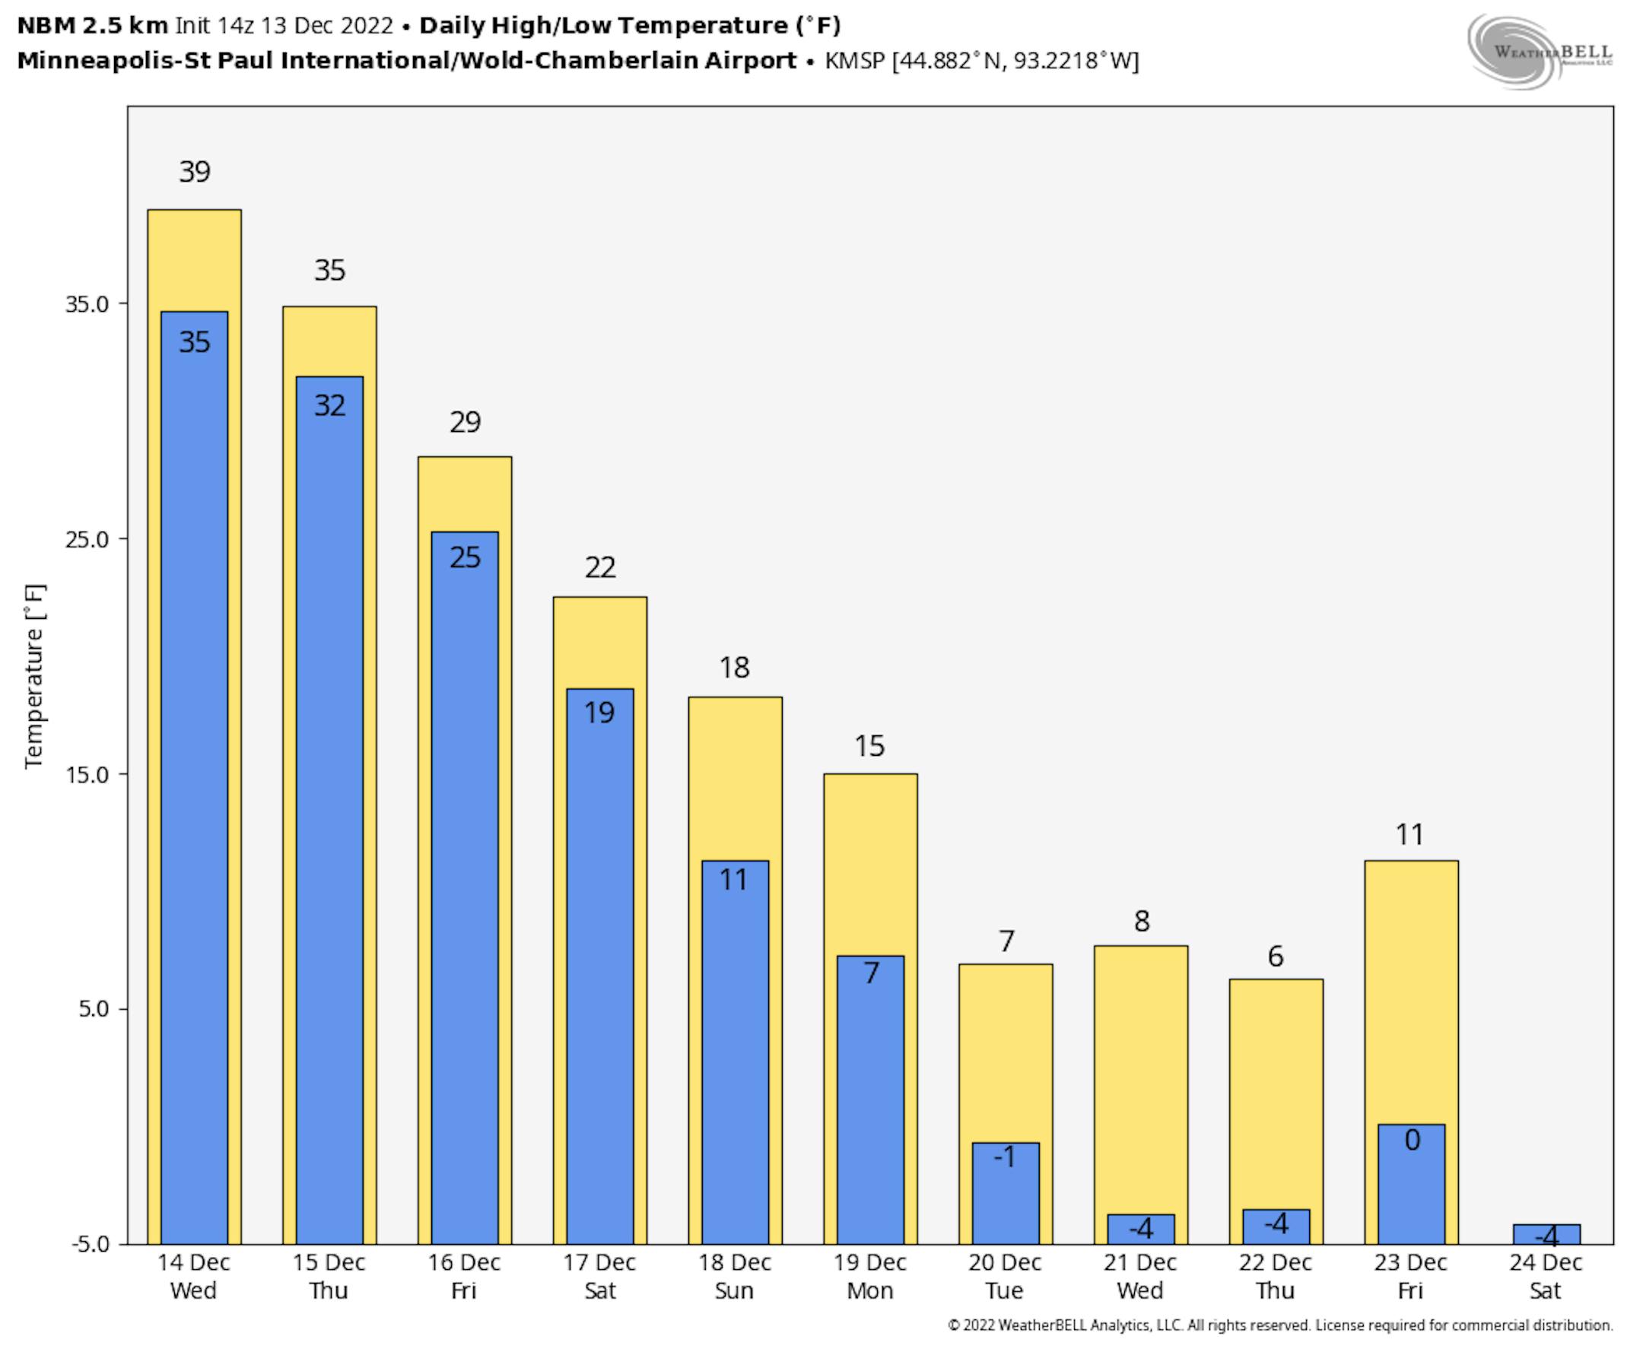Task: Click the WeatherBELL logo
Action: pyautogui.click(x=1540, y=52)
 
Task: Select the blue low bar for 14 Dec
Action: pyautogui.click(x=194, y=777)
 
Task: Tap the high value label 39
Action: pyautogui.click(x=194, y=172)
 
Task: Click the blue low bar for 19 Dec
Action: pyautogui.click(x=870, y=1103)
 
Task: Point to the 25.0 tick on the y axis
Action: pyautogui.click(x=87, y=539)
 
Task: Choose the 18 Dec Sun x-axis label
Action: pyautogui.click(x=735, y=1276)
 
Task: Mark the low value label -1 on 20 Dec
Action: pyautogui.click(x=1005, y=1158)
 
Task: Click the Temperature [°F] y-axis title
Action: pyautogui.click(x=34, y=676)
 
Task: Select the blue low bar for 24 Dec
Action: pyautogui.click(x=1546, y=1234)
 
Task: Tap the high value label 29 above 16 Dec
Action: pyautogui.click(x=465, y=423)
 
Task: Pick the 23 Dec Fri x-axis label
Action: pyautogui.click(x=1410, y=1276)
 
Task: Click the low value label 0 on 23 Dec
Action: pyautogui.click(x=1413, y=1141)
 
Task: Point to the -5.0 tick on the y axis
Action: pyautogui.click(x=90, y=1244)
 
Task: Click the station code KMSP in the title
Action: pyautogui.click(x=854, y=61)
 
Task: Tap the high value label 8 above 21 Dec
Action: pyautogui.click(x=1141, y=922)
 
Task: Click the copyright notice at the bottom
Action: pyautogui.click(x=1280, y=1325)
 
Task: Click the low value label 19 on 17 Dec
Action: pyautogui.click(x=600, y=713)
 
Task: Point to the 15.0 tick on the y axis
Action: pyautogui.click(x=87, y=775)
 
